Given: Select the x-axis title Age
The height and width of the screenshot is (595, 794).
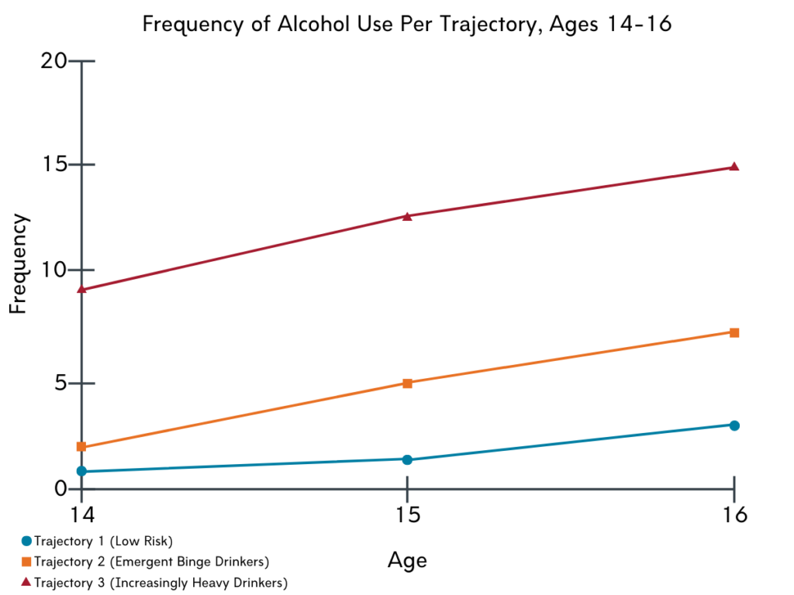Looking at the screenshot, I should [x=407, y=559].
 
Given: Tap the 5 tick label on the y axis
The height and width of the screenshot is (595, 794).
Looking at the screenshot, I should [x=60, y=383].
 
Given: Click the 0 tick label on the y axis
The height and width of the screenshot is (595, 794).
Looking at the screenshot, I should [x=60, y=489].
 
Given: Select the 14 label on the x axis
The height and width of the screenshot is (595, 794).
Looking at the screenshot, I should [x=81, y=514].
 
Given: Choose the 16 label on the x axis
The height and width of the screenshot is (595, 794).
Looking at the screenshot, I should [x=734, y=514].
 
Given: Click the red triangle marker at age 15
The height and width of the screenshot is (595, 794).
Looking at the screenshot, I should [x=408, y=216].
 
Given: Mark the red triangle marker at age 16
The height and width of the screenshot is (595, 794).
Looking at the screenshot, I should [x=734, y=167].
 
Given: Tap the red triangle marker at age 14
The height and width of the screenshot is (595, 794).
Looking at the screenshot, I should [x=81, y=289].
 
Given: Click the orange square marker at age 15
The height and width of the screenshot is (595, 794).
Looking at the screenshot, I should [x=408, y=383].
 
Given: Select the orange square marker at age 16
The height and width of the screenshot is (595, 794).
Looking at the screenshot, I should [x=734, y=332].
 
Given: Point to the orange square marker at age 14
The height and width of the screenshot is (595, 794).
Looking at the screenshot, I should [x=81, y=447].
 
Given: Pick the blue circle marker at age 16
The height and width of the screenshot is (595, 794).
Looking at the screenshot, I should [x=734, y=425].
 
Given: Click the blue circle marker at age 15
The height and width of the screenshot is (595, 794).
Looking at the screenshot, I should [x=408, y=459].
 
